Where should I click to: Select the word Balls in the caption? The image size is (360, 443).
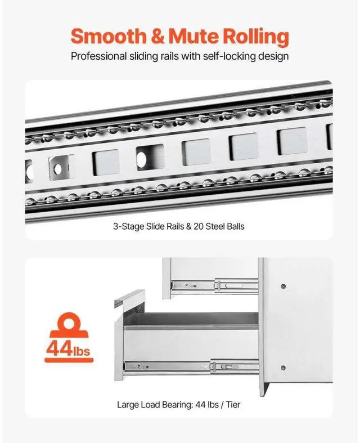pos(233,227)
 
